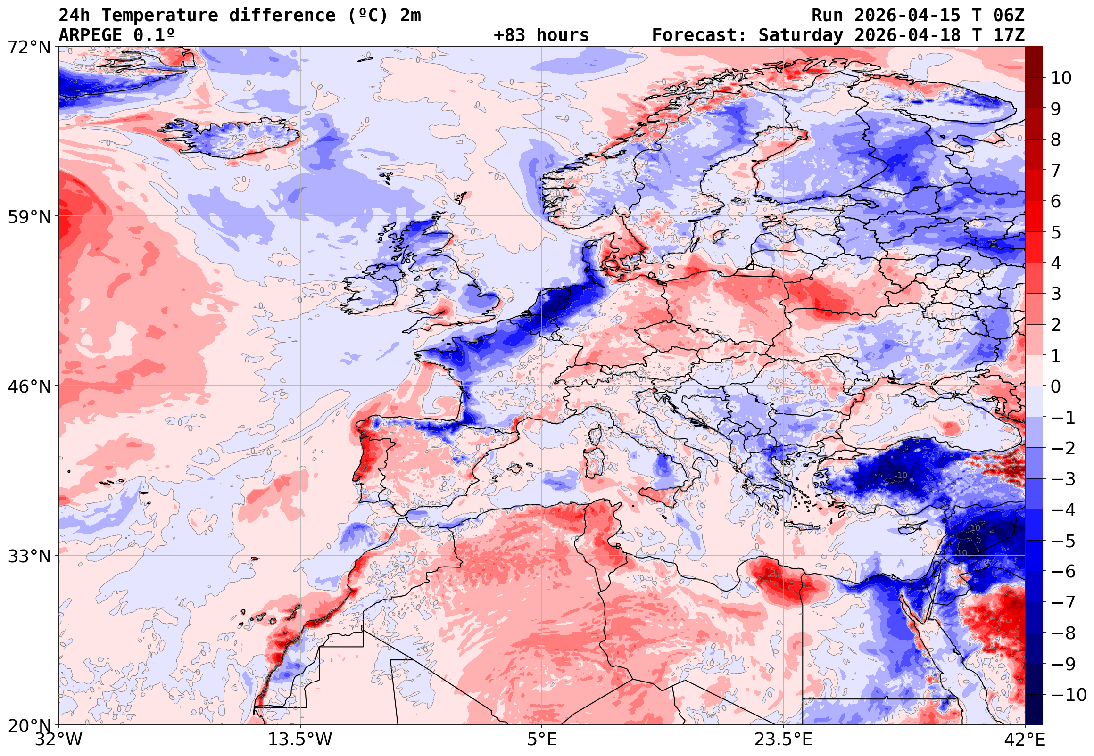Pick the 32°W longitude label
click(59, 740)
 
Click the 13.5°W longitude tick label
click(300, 740)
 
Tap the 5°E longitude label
click(542, 740)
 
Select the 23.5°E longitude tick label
click(783, 740)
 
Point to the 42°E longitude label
click(1025, 740)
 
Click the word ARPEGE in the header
click(91, 35)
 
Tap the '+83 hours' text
click(541, 35)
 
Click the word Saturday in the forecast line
click(801, 35)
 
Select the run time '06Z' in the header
click(1009, 16)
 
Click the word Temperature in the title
click(159, 16)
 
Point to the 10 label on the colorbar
click(1061, 78)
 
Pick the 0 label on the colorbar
click(1056, 386)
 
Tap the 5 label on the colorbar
click(1056, 232)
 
